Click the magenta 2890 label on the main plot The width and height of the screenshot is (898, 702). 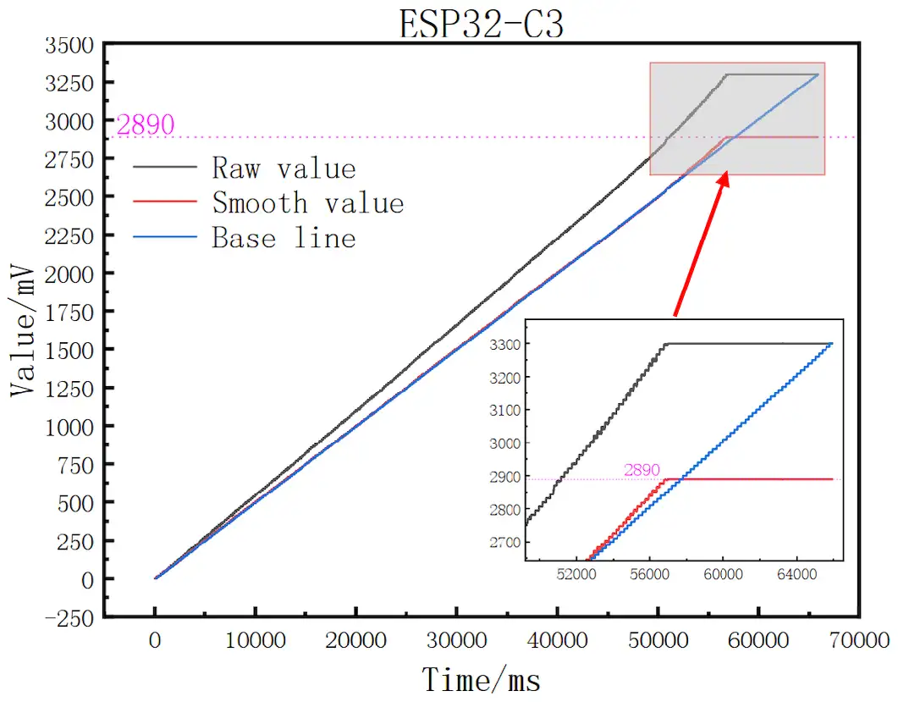point(146,125)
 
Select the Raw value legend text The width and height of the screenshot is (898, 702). point(284,168)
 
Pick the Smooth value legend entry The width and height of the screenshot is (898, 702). point(307,203)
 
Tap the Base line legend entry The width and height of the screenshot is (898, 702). point(284,238)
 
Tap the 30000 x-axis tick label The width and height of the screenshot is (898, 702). point(456,642)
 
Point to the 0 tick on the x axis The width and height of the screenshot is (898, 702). point(155,642)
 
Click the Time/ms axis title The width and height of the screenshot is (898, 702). point(481,679)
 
